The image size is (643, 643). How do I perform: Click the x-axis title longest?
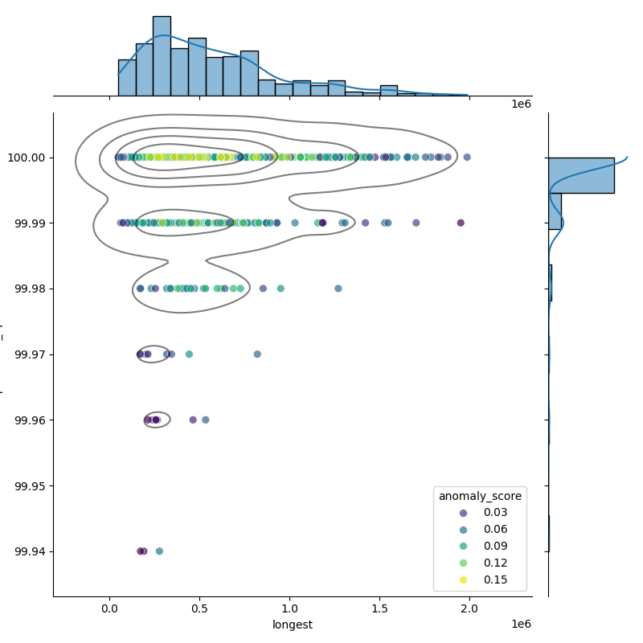[293, 625]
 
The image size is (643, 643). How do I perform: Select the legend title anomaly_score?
[480, 497]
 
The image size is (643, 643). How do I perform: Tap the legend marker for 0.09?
[450, 547]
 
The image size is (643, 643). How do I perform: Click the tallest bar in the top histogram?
[162, 56]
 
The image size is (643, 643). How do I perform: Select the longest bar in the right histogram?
[581, 175]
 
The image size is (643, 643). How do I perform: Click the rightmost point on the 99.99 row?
[461, 223]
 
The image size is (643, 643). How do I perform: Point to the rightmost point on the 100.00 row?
[467, 158]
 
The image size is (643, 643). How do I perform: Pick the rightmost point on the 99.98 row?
[338, 289]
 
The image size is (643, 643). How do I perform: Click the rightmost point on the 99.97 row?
[257, 354]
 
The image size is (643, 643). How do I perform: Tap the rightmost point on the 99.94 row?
[159, 551]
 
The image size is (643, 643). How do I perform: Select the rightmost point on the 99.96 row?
[206, 420]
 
